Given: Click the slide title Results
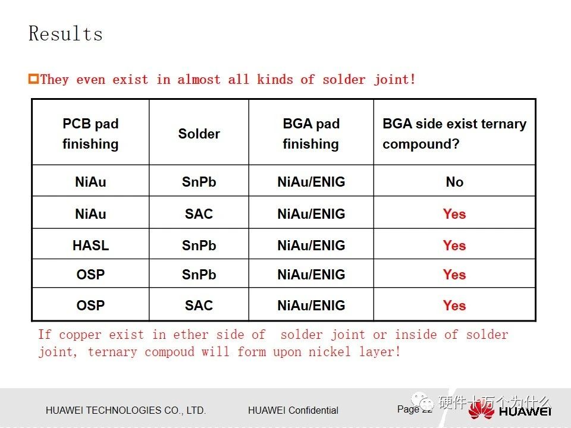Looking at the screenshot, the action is [65, 33].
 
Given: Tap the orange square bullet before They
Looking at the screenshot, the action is [33, 79].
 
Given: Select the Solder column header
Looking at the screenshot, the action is [199, 134].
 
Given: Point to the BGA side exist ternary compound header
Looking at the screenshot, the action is [454, 134].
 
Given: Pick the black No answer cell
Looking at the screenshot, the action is [454, 182].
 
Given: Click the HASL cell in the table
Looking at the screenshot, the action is [90, 246].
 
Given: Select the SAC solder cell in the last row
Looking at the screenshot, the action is [199, 306].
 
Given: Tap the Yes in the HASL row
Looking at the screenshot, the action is [454, 246].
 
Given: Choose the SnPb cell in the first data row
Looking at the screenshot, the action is [199, 182].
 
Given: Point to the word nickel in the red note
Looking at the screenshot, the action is [329, 352].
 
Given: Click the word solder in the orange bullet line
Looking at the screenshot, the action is [344, 79].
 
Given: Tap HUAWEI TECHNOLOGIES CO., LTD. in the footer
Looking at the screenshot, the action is [126, 410].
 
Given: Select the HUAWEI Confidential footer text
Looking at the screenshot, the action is [293, 410].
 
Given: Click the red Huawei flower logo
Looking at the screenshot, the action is [481, 409].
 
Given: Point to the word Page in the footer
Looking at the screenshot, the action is [408, 409].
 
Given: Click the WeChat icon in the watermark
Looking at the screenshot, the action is [422, 401].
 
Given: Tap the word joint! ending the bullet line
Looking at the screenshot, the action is [395, 79].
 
